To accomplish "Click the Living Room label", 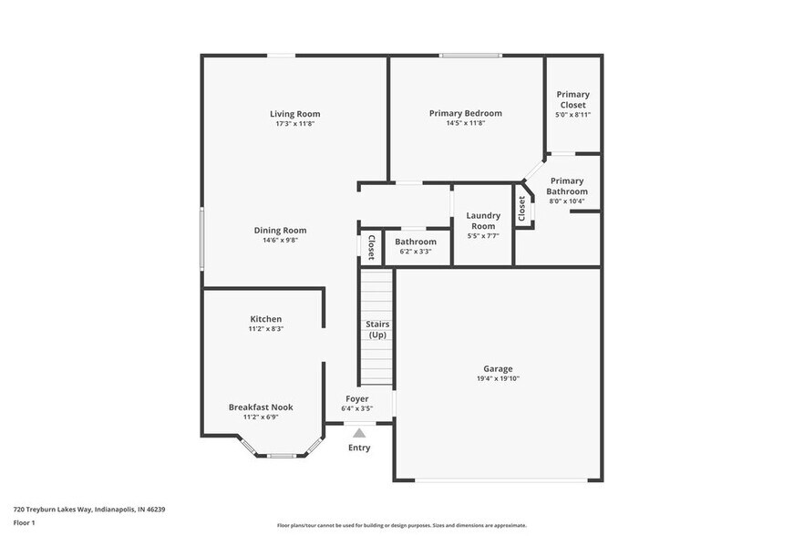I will [294, 114].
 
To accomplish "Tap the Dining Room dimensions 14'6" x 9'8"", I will [280, 241].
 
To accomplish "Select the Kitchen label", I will [266, 319].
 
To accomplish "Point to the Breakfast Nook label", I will [261, 407].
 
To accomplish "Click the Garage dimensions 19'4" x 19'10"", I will [498, 378].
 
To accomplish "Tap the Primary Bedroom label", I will [465, 114].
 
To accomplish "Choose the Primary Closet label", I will [572, 99].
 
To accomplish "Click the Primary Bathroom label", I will [567, 186].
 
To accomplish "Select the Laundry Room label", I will [483, 221].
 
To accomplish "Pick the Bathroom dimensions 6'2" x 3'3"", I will [416, 252].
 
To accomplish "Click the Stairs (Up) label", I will [376, 329].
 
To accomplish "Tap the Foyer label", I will [356, 398].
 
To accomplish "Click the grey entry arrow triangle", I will [359, 433].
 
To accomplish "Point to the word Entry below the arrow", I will [359, 448].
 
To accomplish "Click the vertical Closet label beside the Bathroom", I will [371, 248].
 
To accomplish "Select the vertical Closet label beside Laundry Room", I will [522, 209].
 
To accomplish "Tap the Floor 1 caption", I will [24, 522].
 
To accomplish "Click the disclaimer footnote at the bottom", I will [401, 525].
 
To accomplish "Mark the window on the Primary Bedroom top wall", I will [469, 56].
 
